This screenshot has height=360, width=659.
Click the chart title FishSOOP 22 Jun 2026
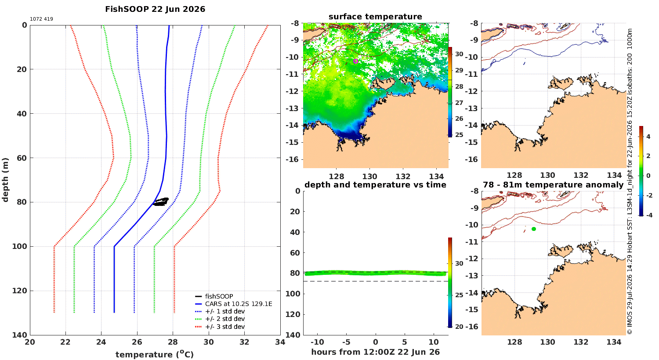[155, 9]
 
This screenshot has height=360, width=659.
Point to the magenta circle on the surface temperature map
[356, 61]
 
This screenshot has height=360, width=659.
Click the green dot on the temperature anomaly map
[534, 229]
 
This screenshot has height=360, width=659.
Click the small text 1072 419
[41, 19]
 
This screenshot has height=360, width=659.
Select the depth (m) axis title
[6, 180]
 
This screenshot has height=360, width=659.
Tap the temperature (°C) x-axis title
[155, 354]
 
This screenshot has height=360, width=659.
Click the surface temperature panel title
[375, 17]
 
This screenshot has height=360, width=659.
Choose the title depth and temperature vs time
[375, 185]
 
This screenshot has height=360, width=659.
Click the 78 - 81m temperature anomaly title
[553, 185]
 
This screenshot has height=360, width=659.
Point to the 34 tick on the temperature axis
[280, 342]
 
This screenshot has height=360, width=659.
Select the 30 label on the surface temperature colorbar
[459, 54]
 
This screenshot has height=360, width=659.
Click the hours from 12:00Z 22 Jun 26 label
[375, 352]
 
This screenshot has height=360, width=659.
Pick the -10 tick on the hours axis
[317, 342]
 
